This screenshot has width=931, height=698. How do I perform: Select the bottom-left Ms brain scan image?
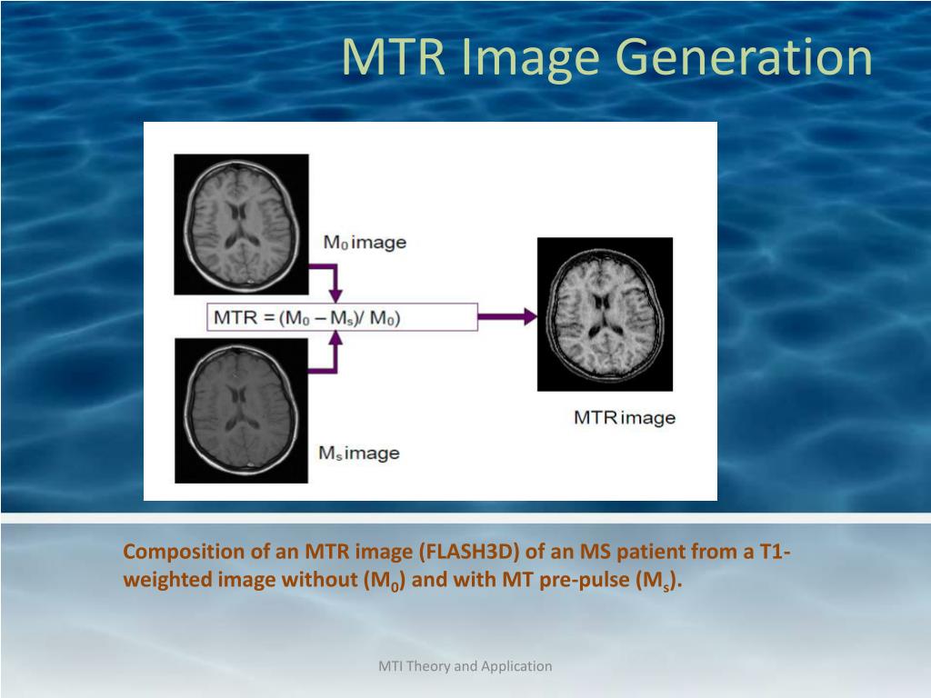tap(241, 409)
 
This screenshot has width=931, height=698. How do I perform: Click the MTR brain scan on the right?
tap(605, 314)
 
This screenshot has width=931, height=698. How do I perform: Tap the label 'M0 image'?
tap(365, 243)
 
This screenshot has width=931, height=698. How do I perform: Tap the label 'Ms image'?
tap(358, 452)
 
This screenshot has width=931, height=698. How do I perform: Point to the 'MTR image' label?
tap(624, 418)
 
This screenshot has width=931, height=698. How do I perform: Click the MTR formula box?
tap(342, 317)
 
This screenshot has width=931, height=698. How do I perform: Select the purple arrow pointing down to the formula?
tap(335, 284)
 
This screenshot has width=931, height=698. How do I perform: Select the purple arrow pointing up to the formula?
tap(335, 349)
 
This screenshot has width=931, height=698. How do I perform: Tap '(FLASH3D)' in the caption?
tap(468, 552)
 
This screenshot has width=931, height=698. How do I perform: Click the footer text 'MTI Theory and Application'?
tap(465, 666)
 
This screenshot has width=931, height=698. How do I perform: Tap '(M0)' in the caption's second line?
tap(379, 581)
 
